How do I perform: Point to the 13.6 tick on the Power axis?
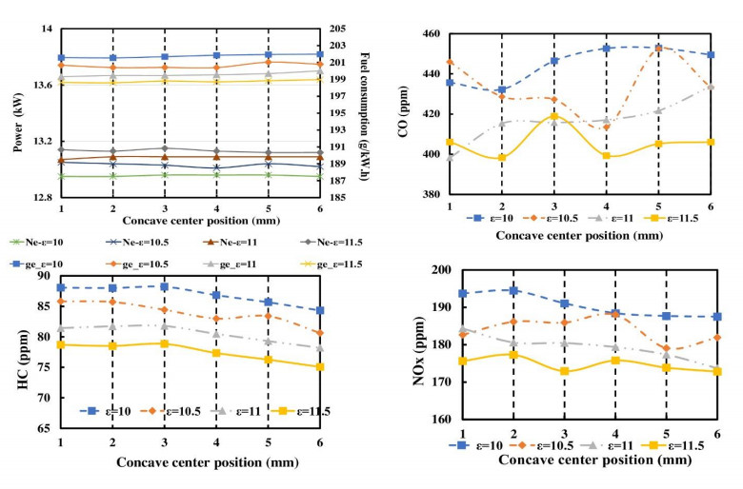point(39,86)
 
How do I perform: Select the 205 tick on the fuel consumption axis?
point(338,29)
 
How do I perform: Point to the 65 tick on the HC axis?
point(44,428)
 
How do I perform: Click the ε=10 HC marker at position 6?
point(320,310)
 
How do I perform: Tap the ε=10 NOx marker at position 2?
point(515,290)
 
